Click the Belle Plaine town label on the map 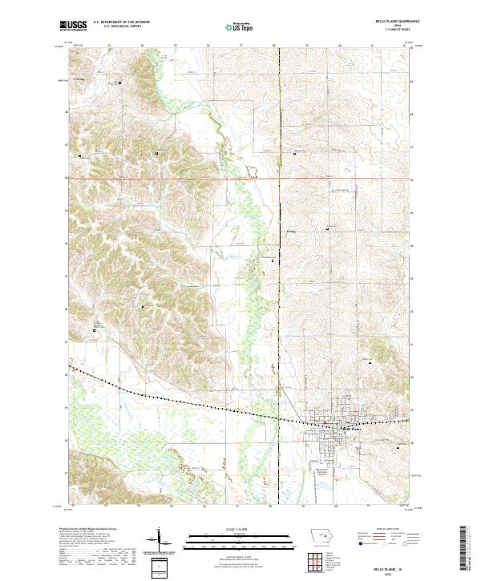[x=353, y=428]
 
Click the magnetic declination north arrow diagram [x=160, y=541]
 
